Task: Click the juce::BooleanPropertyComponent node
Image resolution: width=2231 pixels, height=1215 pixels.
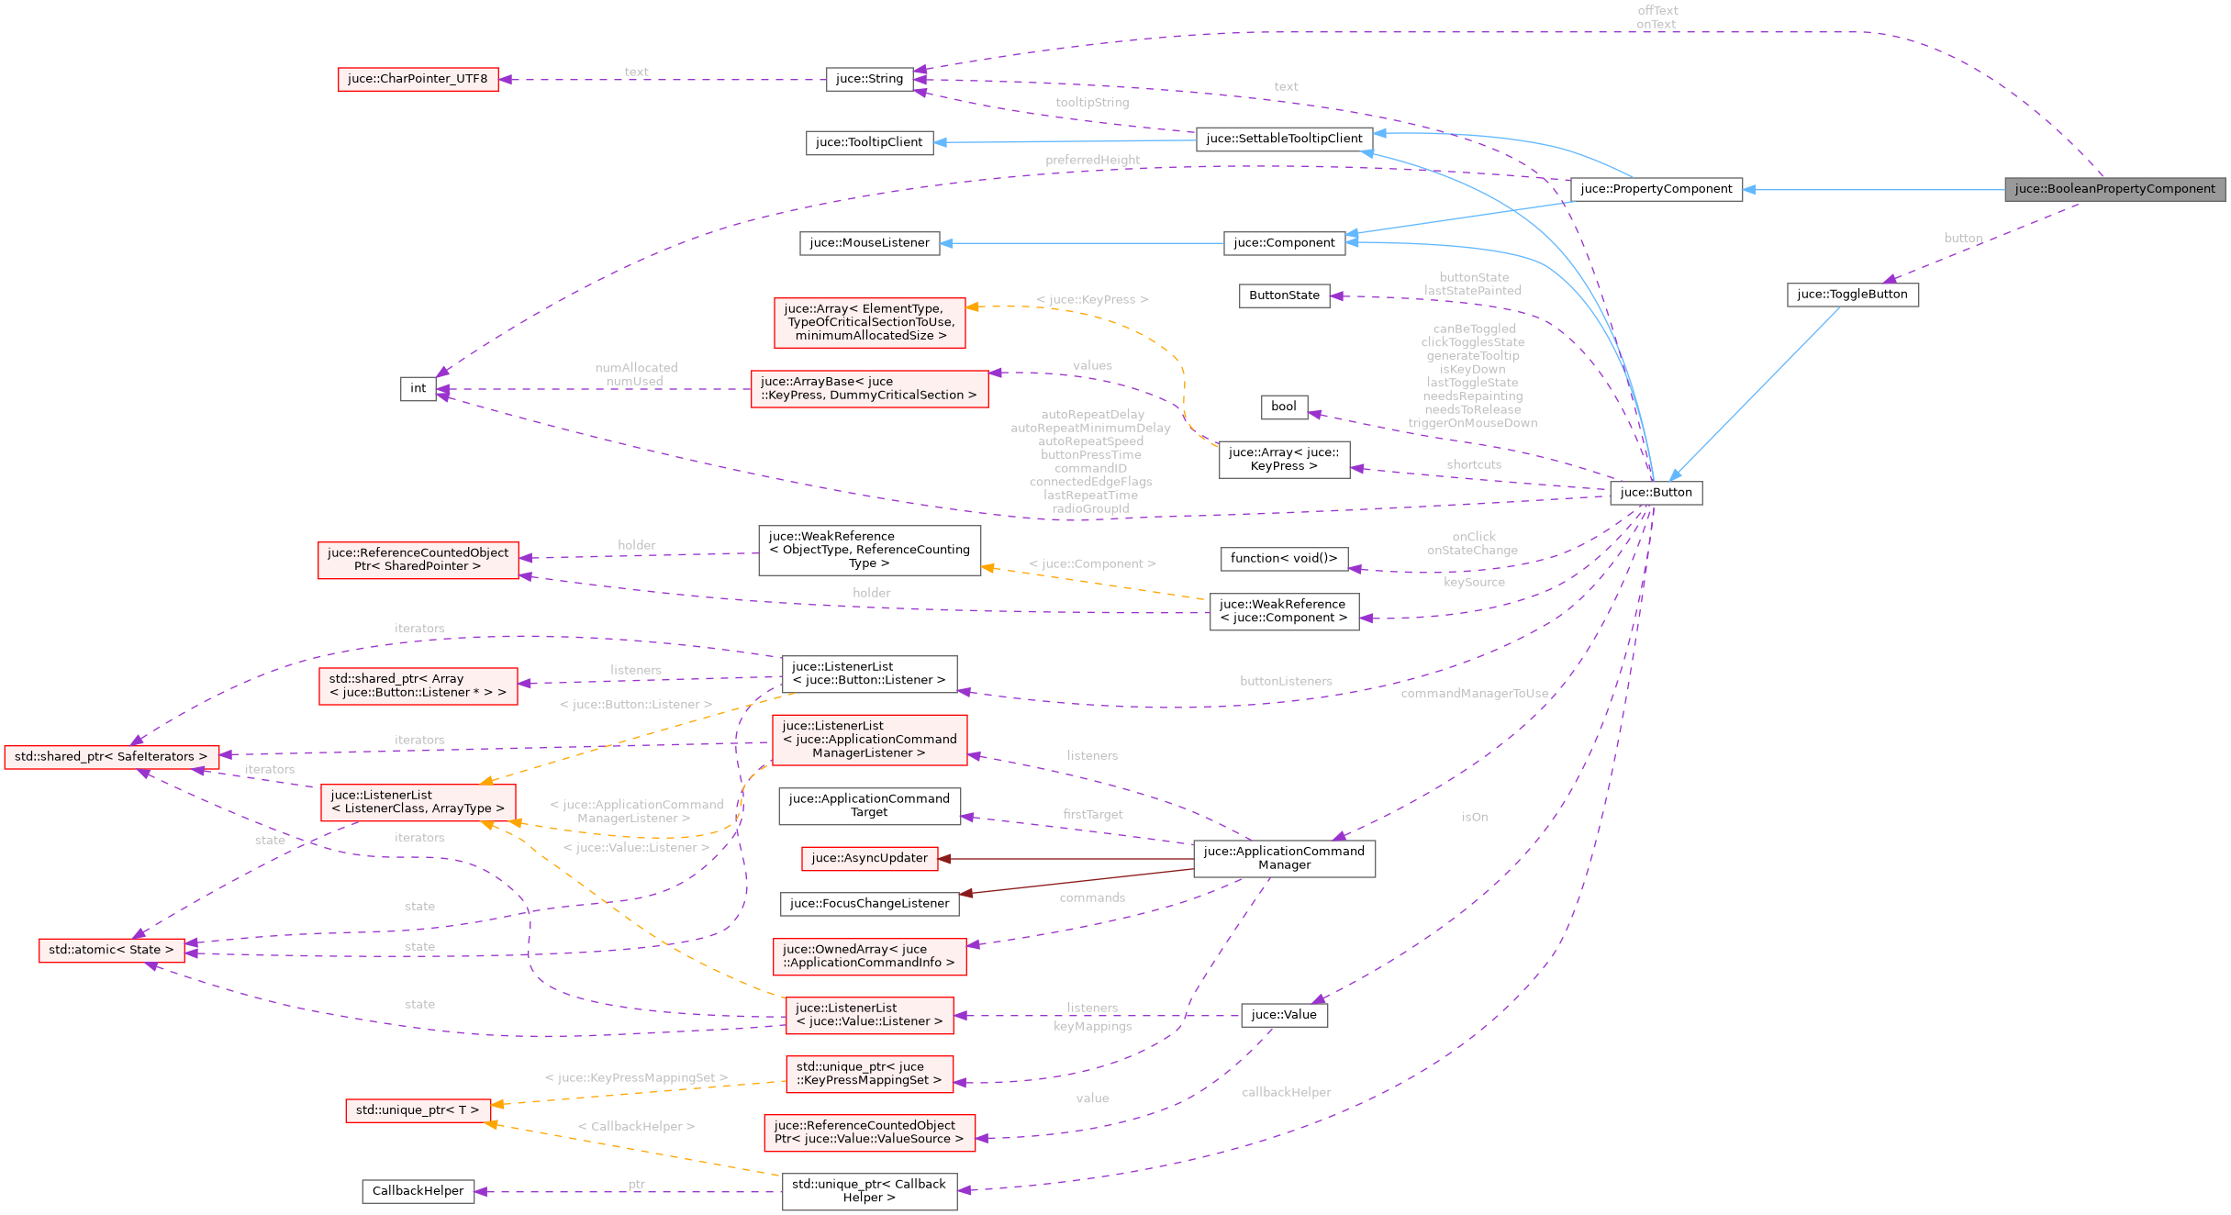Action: (2114, 189)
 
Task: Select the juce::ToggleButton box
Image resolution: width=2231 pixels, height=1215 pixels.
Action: (1852, 295)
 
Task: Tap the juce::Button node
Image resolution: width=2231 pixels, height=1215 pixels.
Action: (1656, 493)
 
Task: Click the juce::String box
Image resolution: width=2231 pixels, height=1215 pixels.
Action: (869, 79)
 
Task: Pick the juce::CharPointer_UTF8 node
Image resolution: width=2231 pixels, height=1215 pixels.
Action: (418, 79)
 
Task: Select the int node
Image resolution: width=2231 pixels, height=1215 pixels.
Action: (418, 388)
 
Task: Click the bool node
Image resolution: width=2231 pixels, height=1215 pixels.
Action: (1283, 407)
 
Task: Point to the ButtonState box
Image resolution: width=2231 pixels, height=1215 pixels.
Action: (1284, 295)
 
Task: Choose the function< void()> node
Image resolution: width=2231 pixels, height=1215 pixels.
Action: (1284, 558)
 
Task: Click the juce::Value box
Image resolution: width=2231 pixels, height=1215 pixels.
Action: (1283, 1014)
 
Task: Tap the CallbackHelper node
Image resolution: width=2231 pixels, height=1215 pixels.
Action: (418, 1191)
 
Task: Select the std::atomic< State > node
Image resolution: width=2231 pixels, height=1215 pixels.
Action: (111, 950)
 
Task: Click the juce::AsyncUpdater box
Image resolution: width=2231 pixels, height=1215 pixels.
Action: (869, 858)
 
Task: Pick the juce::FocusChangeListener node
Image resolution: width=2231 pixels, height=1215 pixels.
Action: (869, 904)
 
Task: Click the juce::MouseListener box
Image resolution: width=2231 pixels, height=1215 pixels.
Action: (869, 243)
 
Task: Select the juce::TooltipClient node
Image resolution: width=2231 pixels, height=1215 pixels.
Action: (869, 142)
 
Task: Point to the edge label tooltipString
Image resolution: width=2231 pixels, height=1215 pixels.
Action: (1092, 103)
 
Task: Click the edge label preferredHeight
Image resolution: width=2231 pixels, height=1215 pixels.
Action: (1092, 161)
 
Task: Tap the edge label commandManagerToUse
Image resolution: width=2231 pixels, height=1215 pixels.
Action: (1474, 694)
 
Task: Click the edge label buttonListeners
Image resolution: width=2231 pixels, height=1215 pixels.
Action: (1286, 681)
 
